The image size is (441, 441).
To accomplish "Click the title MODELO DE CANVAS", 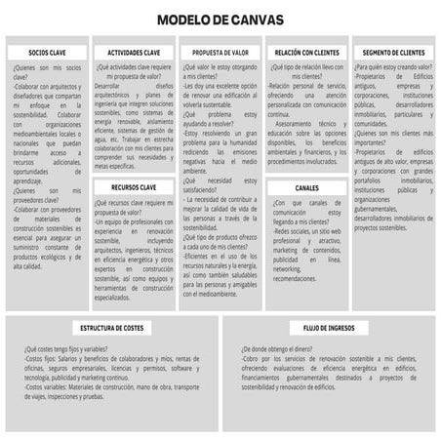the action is coord(220,18).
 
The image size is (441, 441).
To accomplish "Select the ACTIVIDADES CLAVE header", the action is coord(134,51).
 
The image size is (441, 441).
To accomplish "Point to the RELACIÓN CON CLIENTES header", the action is coord(307,51).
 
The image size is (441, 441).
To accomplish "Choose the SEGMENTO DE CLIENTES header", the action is coord(394,51).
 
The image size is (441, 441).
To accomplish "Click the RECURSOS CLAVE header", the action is coord(134,184).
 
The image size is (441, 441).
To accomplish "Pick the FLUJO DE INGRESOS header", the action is coord(328,328).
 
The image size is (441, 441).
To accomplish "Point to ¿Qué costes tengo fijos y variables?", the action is coord(68,348).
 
